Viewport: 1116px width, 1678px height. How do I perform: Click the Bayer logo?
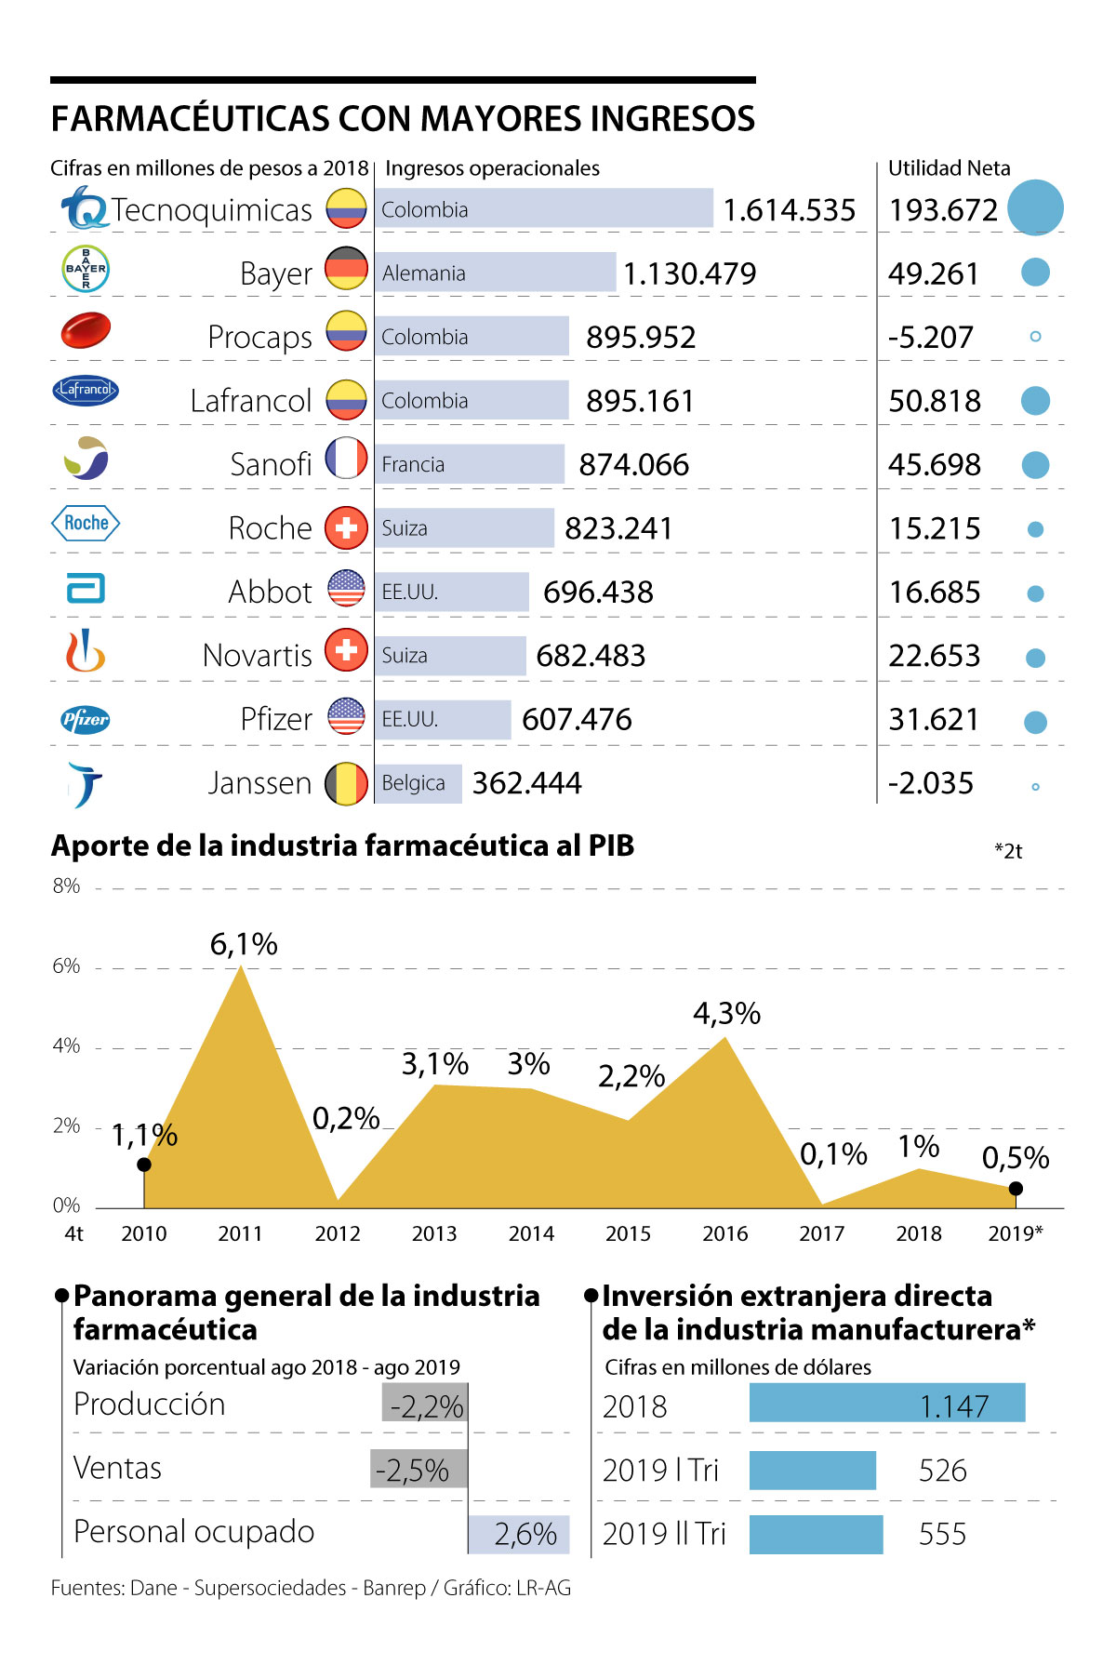click(86, 270)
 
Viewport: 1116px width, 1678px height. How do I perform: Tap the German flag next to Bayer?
click(346, 270)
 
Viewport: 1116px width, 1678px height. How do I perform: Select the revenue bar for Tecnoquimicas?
click(544, 209)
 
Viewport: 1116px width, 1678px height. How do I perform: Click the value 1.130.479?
click(689, 273)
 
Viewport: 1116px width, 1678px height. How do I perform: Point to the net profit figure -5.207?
click(930, 338)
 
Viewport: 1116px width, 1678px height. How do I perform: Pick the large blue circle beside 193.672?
click(1035, 207)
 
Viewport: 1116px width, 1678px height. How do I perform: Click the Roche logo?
click(86, 524)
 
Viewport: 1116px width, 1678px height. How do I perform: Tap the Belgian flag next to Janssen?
click(346, 784)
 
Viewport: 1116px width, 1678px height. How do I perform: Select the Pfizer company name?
click(276, 719)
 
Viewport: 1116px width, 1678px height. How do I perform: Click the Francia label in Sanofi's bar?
click(413, 465)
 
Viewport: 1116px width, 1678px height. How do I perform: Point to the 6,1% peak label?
click(244, 945)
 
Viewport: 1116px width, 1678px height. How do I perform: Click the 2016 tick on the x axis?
click(725, 1234)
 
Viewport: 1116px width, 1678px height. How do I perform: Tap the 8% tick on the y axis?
click(66, 886)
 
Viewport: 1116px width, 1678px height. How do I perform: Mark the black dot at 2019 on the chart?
click(1016, 1189)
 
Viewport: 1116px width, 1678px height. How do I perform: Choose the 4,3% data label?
click(726, 1014)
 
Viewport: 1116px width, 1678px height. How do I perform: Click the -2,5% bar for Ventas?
click(418, 1470)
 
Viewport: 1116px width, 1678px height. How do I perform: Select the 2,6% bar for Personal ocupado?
click(519, 1534)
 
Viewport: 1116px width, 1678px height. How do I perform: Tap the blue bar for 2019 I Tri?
click(813, 1471)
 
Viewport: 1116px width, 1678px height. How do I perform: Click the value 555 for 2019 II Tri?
click(942, 1534)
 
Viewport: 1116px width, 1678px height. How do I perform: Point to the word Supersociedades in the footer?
click(270, 1588)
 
